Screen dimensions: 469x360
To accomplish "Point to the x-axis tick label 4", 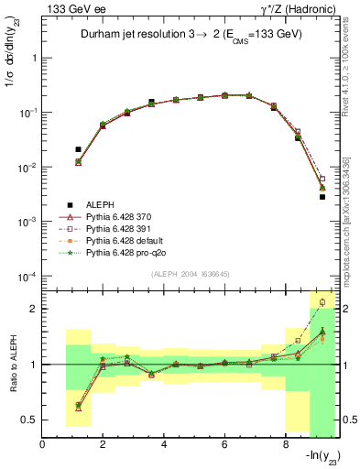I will (163, 446).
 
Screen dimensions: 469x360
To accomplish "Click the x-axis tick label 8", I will (284, 446).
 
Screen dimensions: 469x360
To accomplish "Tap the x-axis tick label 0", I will (42, 446).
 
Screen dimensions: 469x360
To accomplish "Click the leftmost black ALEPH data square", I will (78, 149).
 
